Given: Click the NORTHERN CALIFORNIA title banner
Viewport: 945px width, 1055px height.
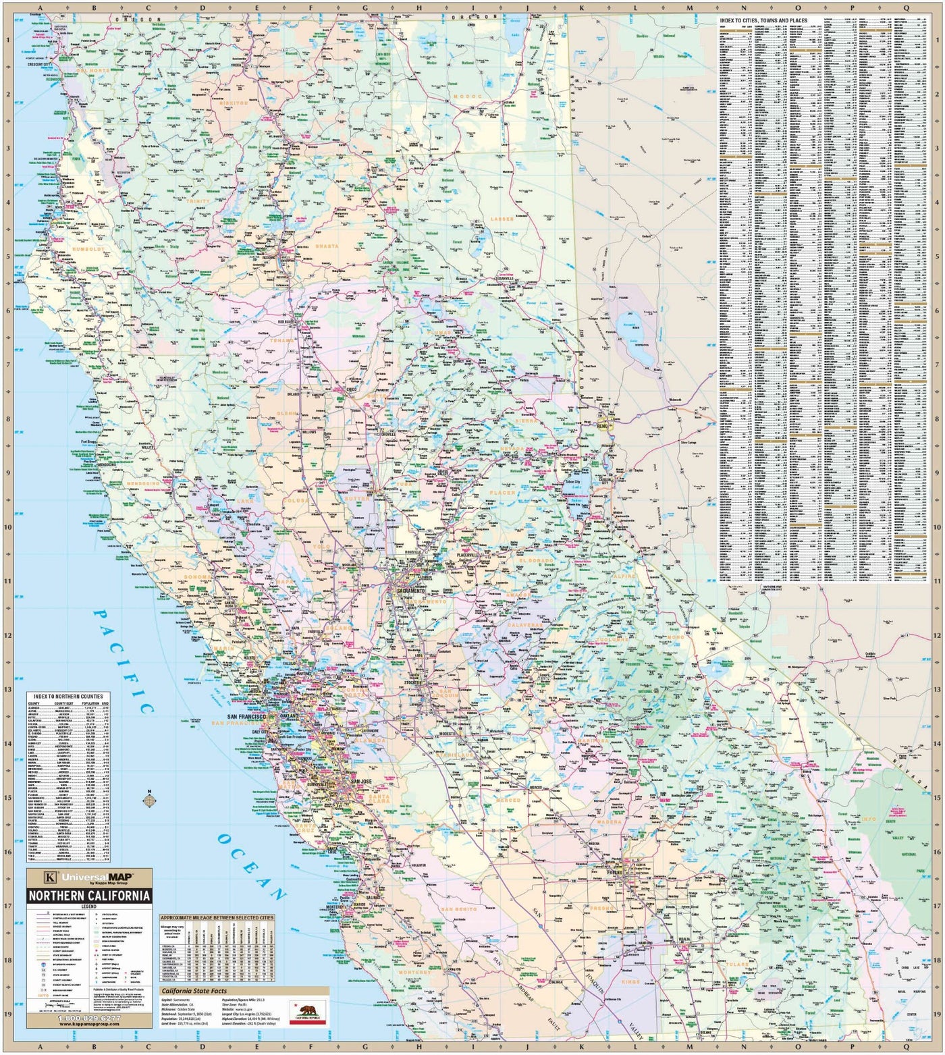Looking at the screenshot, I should pyautogui.click(x=88, y=896).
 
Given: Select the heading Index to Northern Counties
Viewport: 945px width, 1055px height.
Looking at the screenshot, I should pyautogui.click(x=69, y=696).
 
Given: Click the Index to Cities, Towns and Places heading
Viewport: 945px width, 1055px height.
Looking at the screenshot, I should pyautogui.click(x=763, y=21).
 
